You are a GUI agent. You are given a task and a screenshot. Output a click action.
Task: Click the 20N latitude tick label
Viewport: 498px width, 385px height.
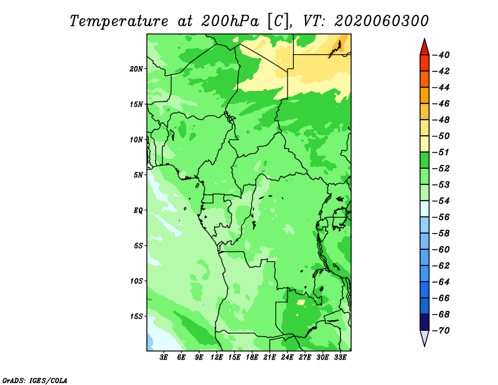coord(136,69)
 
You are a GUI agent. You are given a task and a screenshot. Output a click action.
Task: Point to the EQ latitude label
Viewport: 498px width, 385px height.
coord(138,211)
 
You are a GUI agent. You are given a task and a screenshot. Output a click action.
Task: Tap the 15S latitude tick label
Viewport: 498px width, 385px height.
coord(136,316)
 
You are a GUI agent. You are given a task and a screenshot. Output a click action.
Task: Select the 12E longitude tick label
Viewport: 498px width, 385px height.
coord(217,358)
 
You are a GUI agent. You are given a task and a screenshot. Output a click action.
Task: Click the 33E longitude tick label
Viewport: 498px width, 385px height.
coord(340,358)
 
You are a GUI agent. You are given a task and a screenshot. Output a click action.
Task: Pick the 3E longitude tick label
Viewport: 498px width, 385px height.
coord(164,358)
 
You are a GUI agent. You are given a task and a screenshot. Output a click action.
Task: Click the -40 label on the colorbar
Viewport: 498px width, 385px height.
coord(441,55)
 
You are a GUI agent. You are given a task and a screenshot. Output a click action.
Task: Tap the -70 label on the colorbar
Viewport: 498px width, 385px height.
coord(441,331)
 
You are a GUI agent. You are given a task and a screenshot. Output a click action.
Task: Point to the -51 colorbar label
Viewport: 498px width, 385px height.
coord(441,152)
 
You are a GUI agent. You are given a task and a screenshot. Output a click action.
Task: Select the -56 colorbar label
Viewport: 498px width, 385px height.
coord(441,217)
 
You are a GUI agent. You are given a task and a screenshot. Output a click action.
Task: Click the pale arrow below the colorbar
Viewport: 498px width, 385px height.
coord(425,338)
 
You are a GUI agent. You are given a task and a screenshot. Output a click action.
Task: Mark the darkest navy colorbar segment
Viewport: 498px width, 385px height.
coord(425,322)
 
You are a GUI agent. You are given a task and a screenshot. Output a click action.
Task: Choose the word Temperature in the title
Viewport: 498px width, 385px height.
coord(119,21)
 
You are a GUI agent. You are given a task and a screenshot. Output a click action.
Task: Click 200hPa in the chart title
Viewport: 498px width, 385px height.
coord(230,21)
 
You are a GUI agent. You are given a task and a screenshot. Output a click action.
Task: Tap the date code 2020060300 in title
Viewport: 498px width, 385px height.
coord(382,21)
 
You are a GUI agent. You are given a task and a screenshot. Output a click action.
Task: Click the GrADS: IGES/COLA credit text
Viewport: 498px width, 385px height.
coord(35,381)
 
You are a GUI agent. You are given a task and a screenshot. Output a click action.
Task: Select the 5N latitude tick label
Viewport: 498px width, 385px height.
coord(138,175)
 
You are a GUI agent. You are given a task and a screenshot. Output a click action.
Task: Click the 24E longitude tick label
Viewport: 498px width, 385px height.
coord(287,358)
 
